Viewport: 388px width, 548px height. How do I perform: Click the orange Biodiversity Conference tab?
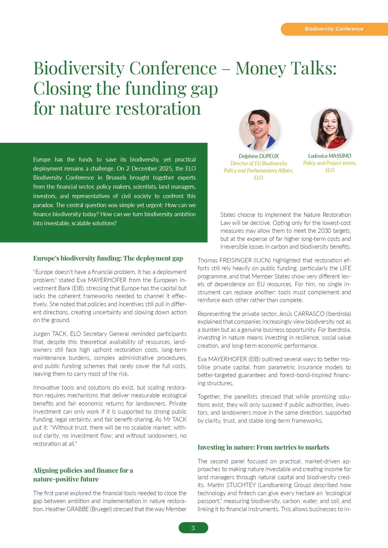(x=334, y=29)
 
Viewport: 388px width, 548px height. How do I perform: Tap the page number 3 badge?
(x=193, y=528)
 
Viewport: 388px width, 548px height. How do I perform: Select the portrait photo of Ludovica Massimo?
(x=330, y=128)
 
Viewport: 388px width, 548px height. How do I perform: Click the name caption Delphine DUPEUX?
(x=259, y=156)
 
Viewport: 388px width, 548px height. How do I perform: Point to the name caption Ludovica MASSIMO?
(x=330, y=156)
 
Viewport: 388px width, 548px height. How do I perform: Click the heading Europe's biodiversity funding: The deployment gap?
(x=108, y=258)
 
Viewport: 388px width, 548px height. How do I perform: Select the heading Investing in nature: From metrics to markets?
(x=263, y=447)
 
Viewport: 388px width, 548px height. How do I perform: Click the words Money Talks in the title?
(x=286, y=68)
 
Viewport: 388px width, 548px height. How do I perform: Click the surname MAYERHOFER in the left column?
(x=107, y=280)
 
